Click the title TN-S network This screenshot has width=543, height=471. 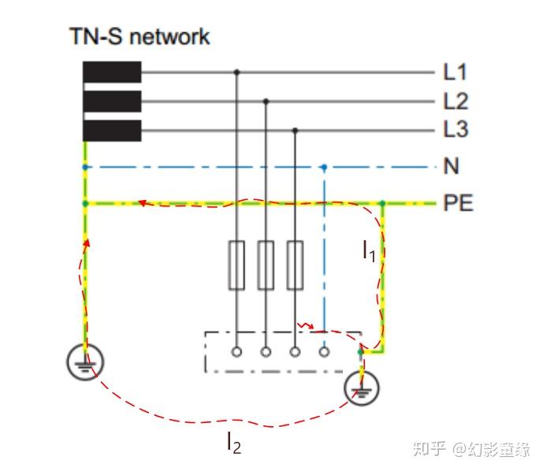139,36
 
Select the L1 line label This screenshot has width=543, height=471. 455,72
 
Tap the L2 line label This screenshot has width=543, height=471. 456,101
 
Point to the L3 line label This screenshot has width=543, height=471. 456,129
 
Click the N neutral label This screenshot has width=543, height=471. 452,165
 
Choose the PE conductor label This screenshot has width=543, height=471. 458,202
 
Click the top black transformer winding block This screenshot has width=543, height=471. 112,72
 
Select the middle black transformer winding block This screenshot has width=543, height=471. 112,102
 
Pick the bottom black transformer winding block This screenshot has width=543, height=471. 112,131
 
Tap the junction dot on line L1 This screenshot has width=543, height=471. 237,72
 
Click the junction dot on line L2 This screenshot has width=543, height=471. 266,102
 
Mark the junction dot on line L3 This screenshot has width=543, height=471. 295,131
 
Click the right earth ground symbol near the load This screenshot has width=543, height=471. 362,388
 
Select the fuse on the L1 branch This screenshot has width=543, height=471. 236,265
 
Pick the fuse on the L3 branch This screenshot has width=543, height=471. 295,265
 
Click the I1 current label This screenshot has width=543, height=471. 369,251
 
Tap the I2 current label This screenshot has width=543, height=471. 234,443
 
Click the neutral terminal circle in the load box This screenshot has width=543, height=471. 324,352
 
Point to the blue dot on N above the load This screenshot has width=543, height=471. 324,168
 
